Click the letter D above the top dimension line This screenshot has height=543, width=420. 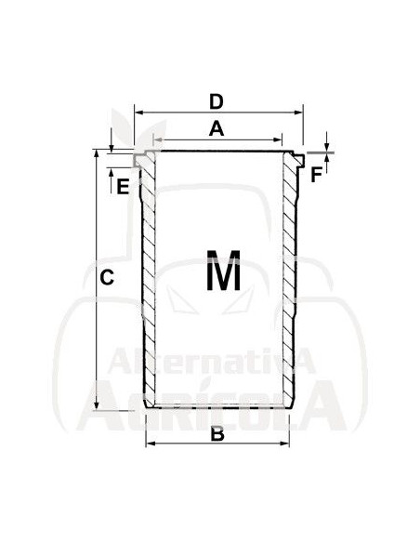click(x=216, y=100)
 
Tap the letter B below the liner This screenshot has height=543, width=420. click(x=217, y=433)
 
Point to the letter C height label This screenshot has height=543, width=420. click(x=107, y=276)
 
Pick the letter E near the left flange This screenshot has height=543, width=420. click(x=122, y=185)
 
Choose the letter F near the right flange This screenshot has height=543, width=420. click(x=317, y=174)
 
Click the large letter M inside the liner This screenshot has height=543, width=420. click(x=223, y=274)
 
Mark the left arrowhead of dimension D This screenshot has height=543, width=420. click(x=140, y=113)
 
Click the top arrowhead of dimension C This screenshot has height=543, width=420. click(x=97, y=155)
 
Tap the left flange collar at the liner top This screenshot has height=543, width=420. click(x=140, y=160)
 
